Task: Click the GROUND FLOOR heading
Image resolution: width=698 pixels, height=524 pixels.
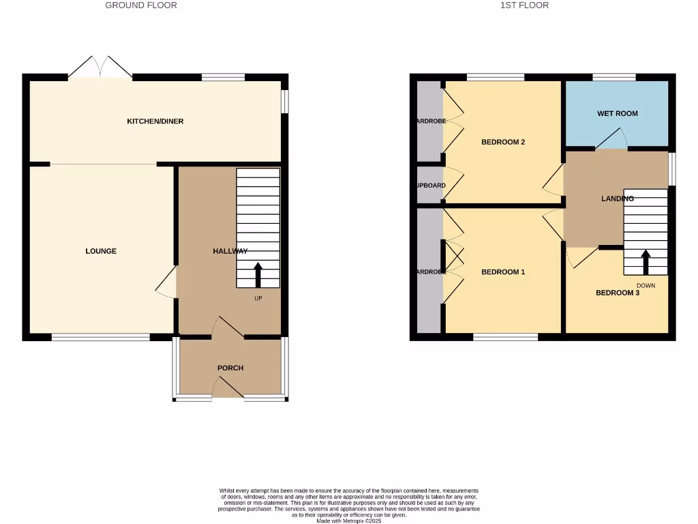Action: (x=141, y=5)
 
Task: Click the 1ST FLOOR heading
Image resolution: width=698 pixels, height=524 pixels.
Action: (x=524, y=5)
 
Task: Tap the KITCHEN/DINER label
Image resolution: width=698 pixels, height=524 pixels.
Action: (x=155, y=121)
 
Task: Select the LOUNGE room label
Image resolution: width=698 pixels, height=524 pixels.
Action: (x=101, y=251)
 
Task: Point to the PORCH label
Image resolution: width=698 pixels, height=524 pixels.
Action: (x=230, y=368)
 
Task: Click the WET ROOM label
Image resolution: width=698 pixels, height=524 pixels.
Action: (x=618, y=113)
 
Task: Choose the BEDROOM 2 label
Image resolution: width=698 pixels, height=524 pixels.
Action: (x=503, y=143)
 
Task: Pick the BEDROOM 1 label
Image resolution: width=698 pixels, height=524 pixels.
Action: (x=503, y=272)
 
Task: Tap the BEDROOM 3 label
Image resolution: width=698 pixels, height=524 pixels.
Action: (x=618, y=293)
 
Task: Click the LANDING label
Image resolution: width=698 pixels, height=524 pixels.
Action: (x=618, y=199)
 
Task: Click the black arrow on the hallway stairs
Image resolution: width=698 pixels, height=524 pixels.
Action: (x=258, y=274)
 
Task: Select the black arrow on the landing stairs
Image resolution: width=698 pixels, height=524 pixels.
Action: (x=645, y=262)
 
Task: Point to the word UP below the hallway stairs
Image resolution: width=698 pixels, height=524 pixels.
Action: (x=258, y=299)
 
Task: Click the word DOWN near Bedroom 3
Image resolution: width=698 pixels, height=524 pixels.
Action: (x=646, y=286)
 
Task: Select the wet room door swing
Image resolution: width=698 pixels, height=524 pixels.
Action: (x=611, y=140)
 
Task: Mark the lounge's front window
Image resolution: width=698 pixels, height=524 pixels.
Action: (x=101, y=337)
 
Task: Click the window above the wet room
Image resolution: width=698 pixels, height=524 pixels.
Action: (x=614, y=77)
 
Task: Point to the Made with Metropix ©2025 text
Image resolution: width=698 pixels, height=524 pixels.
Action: (x=349, y=521)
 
